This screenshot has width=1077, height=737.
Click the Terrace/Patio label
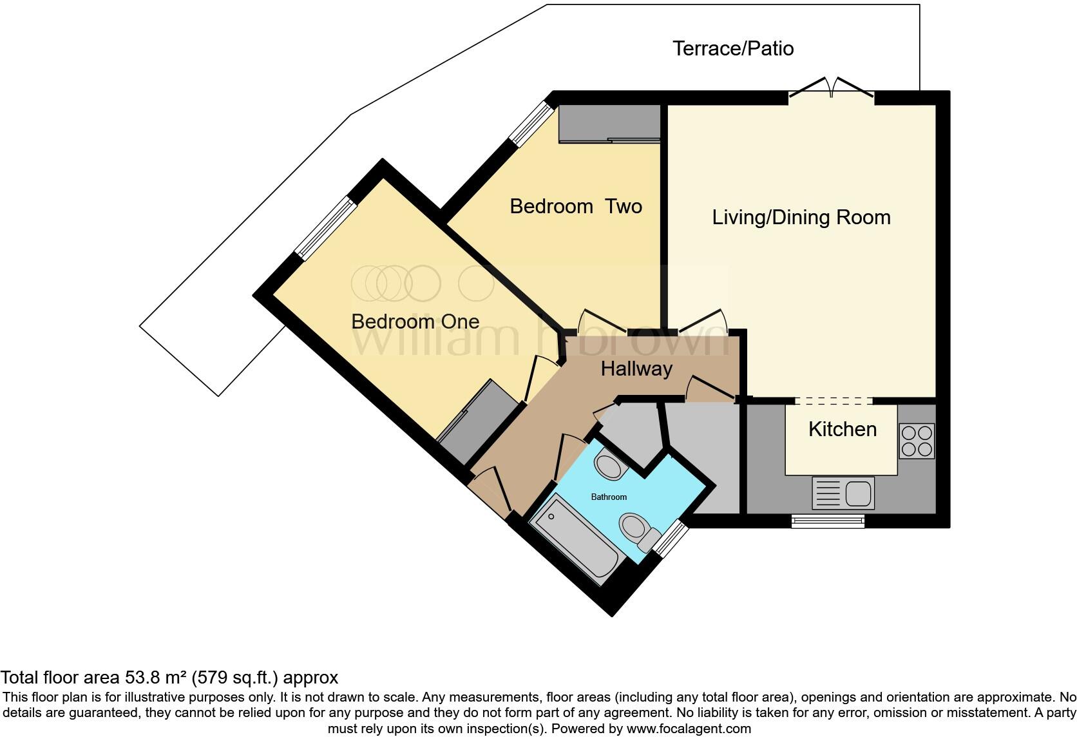(x=733, y=49)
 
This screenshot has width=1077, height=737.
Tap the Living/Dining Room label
(x=801, y=218)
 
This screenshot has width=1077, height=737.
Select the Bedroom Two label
(x=576, y=207)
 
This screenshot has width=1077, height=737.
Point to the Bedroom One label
(x=415, y=321)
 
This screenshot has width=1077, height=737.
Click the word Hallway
(x=636, y=369)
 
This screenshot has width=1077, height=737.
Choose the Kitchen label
(x=842, y=430)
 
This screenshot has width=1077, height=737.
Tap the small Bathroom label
(x=609, y=497)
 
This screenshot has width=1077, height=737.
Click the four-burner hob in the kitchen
(x=917, y=441)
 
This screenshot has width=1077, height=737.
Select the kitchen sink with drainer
(x=843, y=493)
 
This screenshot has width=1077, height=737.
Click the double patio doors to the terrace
(x=832, y=90)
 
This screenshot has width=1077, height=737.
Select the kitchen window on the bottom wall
(x=828, y=521)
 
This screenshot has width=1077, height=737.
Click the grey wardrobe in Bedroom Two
(x=609, y=123)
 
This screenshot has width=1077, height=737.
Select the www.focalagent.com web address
(x=689, y=729)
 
